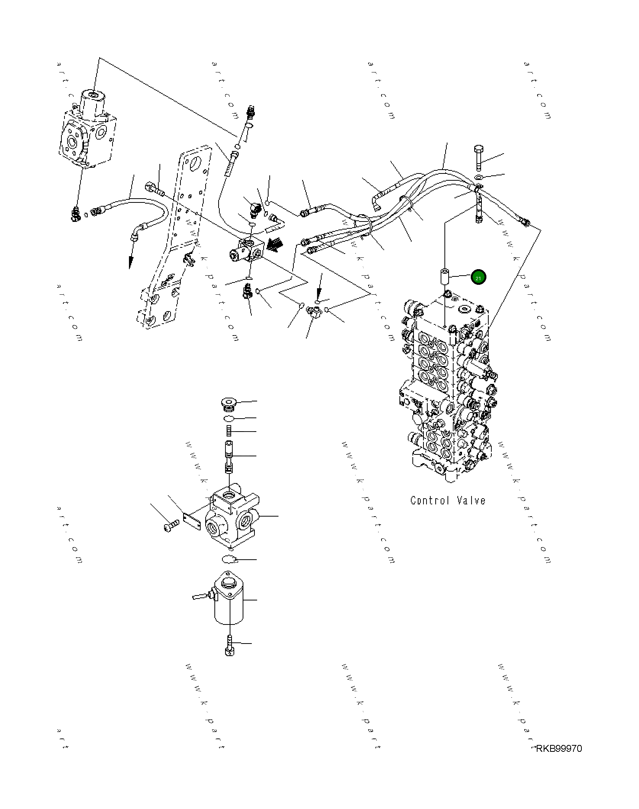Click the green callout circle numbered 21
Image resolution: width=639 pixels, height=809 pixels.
tap(478, 278)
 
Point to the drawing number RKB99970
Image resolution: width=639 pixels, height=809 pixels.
tap(559, 748)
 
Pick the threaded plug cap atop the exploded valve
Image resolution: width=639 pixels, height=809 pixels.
tap(229, 403)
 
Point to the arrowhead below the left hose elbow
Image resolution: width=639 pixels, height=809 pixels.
tap(130, 262)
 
